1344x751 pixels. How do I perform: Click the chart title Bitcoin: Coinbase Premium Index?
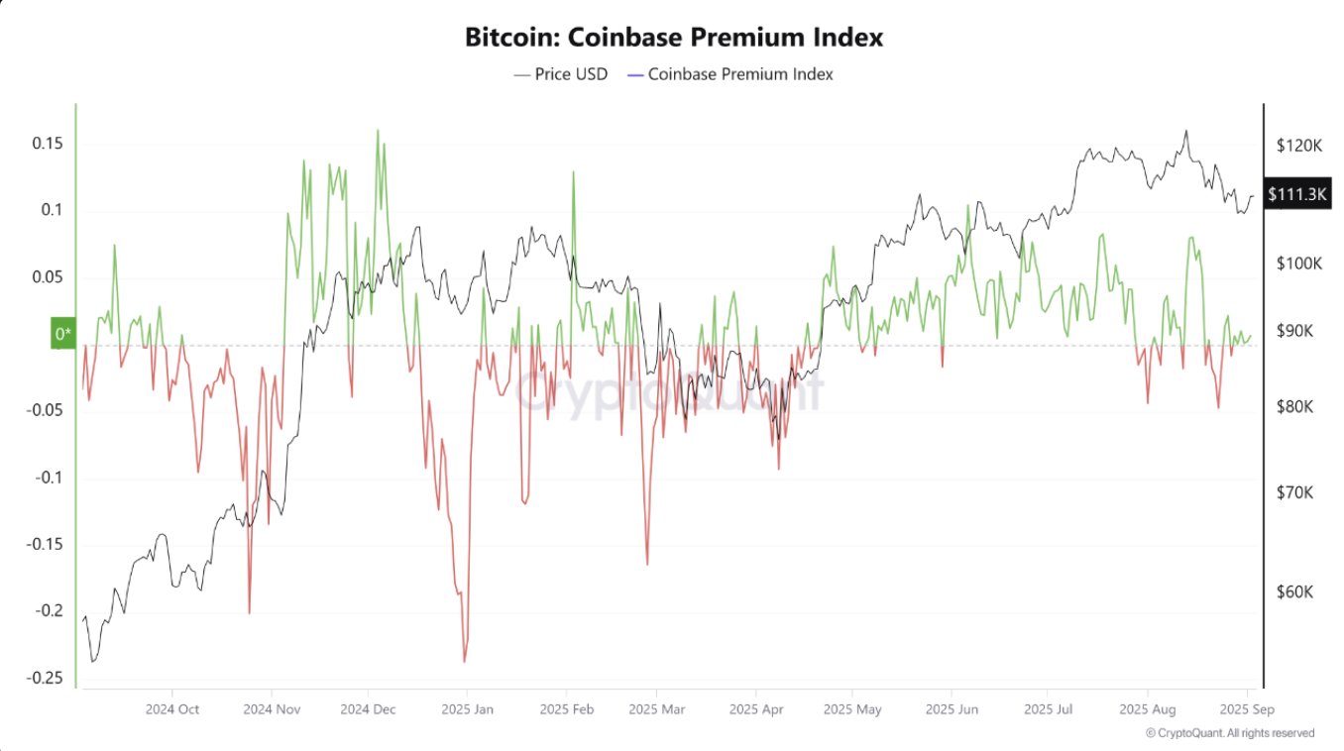click(x=674, y=38)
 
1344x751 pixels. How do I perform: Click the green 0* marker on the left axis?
click(x=62, y=334)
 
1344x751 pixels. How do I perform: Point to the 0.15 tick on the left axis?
click(x=49, y=144)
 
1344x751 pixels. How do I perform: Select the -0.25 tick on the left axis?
click(x=47, y=679)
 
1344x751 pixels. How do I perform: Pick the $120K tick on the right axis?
click(x=1299, y=146)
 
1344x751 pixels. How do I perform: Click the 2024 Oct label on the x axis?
click(x=172, y=709)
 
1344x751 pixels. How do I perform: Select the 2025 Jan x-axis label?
click(x=469, y=709)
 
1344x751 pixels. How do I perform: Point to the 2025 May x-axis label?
click(x=852, y=709)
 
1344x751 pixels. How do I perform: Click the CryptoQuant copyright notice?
click(x=1230, y=733)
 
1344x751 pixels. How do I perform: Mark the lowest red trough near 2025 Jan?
click(x=464, y=661)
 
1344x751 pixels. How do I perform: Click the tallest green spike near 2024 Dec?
click(x=378, y=130)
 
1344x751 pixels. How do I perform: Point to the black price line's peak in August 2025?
click(x=1185, y=131)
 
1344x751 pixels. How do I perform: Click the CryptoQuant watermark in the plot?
click(x=669, y=391)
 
